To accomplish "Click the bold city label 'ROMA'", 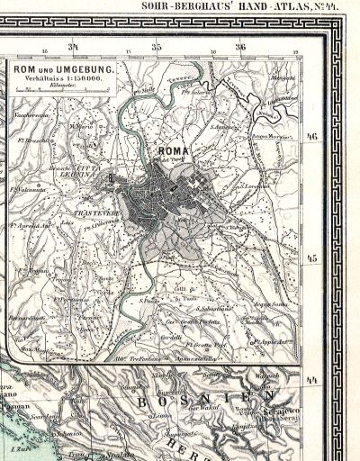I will tap(174, 152).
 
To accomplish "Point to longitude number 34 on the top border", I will tap(73, 46).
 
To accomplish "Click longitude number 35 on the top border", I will tap(156, 46).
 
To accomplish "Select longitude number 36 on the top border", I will tap(240, 46).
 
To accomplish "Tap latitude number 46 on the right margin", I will tap(312, 136).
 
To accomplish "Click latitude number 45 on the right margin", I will tap(312, 258).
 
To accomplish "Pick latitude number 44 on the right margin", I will tap(312, 380).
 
